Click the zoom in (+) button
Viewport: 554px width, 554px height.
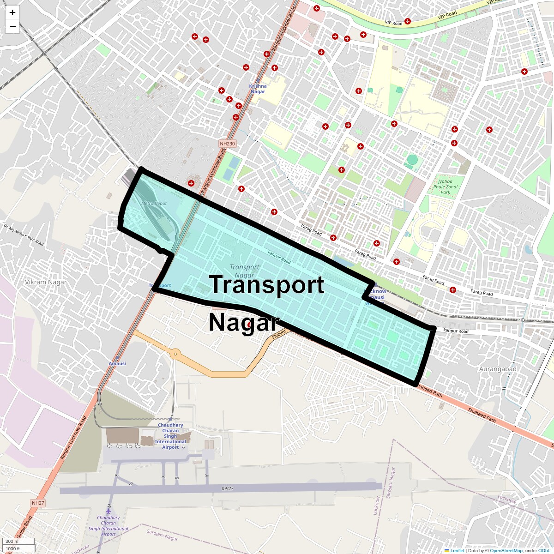tap(12, 12)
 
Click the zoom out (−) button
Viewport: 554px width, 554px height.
tap(12, 26)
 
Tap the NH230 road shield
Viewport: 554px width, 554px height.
tap(227, 144)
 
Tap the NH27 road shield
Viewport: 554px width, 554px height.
tap(38, 502)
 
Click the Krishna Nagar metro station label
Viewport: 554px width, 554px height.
tap(258, 89)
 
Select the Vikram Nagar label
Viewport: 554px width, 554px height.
tap(46, 282)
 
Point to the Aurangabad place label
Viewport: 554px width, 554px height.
tap(498, 369)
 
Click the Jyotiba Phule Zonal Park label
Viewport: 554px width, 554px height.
tap(445, 187)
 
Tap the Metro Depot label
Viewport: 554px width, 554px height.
tap(154, 203)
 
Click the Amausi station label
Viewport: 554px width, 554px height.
tap(117, 363)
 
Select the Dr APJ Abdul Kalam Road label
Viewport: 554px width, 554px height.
tap(24, 235)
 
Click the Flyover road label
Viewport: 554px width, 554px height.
tap(279, 334)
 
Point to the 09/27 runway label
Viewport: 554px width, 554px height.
tap(228, 488)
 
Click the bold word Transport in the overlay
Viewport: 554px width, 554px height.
tap(267, 284)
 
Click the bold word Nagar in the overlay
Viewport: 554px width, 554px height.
tap(244, 323)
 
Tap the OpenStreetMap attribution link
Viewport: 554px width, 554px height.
tap(506, 550)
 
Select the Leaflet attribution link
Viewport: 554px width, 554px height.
tap(457, 550)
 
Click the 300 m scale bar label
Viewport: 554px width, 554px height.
tap(12, 542)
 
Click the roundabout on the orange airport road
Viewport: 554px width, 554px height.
tap(175, 354)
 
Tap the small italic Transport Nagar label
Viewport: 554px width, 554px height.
tap(244, 271)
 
